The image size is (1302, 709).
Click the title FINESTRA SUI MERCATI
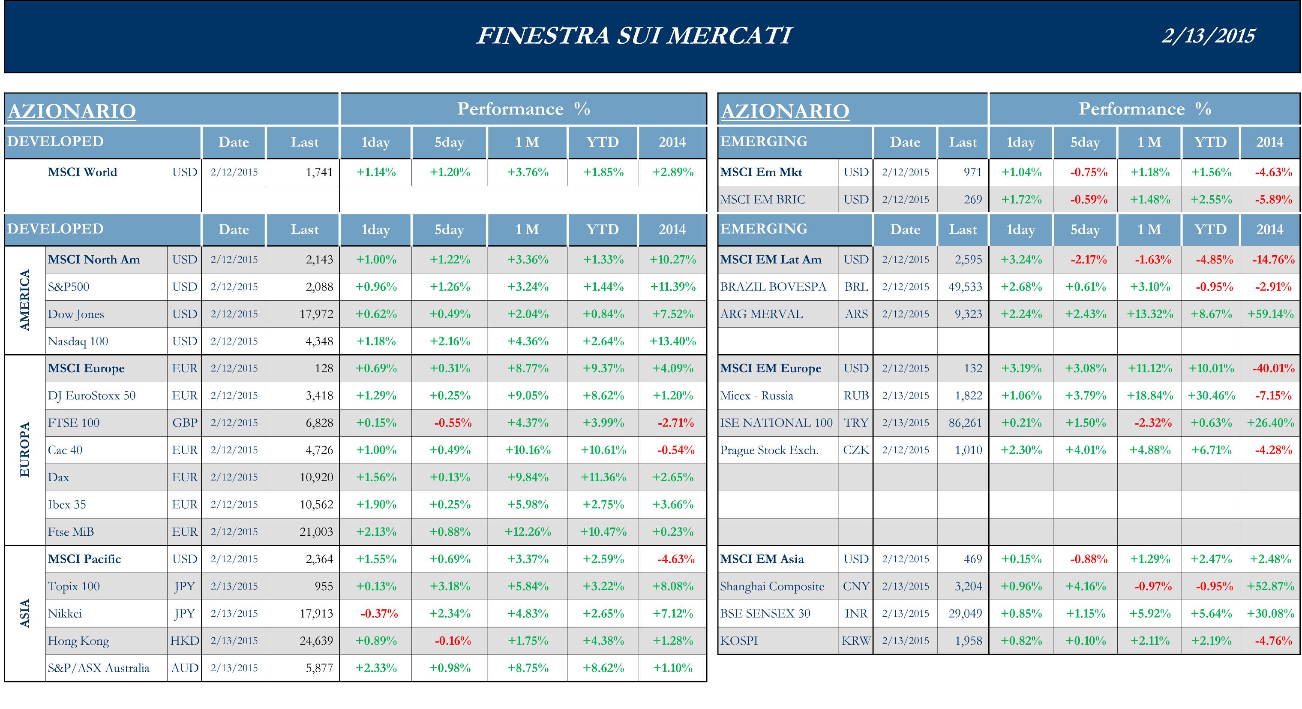pyautogui.click(x=634, y=36)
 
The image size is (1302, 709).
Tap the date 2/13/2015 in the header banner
pyautogui.click(x=1208, y=36)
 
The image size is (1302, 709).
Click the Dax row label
pyautogui.click(x=59, y=477)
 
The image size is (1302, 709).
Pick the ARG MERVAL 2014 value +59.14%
pyautogui.click(x=1270, y=314)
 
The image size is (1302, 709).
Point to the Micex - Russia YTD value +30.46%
pyautogui.click(x=1211, y=395)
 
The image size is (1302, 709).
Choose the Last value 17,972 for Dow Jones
pyautogui.click(x=316, y=314)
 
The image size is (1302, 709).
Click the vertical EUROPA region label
pyautogui.click(x=25, y=450)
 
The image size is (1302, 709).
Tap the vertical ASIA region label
pyautogui.click(x=25, y=613)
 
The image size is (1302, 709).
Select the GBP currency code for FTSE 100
pyautogui.click(x=184, y=423)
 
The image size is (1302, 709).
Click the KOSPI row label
pyautogui.click(x=739, y=641)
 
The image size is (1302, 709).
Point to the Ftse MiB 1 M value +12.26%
pyautogui.click(x=528, y=531)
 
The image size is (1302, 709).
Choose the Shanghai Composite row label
pyautogui.click(x=772, y=586)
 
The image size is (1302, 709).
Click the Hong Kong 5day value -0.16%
pyautogui.click(x=453, y=641)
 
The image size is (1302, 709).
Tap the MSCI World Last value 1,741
pyautogui.click(x=319, y=172)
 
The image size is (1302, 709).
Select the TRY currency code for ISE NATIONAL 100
pyautogui.click(x=856, y=423)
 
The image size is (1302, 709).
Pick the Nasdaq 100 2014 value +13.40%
pyautogui.click(x=673, y=341)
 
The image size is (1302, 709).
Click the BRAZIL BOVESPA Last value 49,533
pyautogui.click(x=965, y=287)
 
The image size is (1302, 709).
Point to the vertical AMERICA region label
pyautogui.click(x=25, y=300)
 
